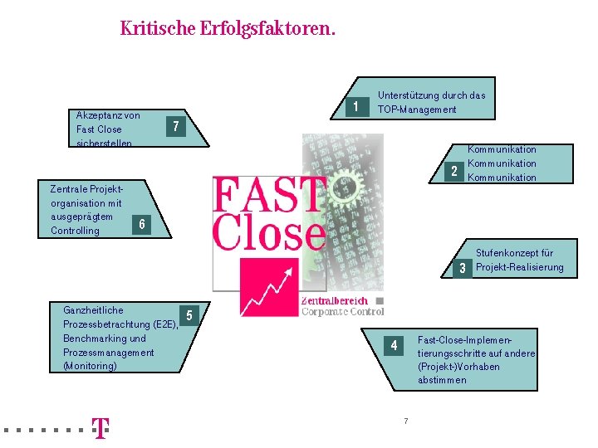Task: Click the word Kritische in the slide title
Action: (157, 29)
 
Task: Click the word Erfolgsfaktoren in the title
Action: (267, 29)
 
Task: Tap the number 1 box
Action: (356, 107)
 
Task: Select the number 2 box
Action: (453, 172)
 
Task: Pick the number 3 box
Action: (462, 268)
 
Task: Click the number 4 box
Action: (395, 345)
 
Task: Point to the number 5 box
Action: (190, 314)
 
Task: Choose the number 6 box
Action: (142, 224)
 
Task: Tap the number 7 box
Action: (174, 127)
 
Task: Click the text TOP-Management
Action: (417, 110)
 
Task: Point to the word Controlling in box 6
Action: (75, 231)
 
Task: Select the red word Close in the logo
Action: (269, 232)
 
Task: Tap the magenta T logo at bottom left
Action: (100, 428)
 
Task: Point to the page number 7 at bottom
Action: (405, 421)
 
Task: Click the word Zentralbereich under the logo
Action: (334, 301)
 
